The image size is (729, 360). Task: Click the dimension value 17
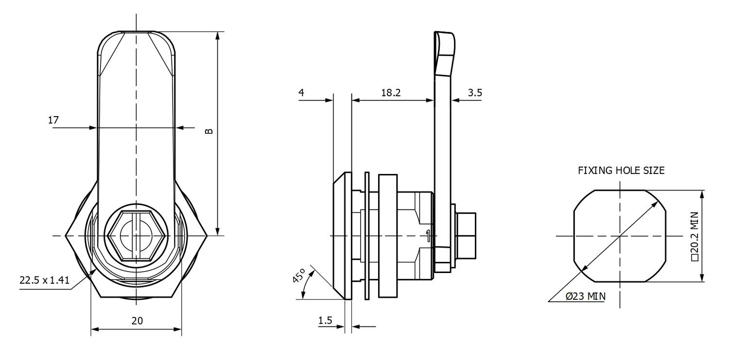pyautogui.click(x=53, y=120)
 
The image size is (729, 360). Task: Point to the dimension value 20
pyautogui.click(x=137, y=321)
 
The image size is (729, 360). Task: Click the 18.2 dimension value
pyautogui.click(x=391, y=93)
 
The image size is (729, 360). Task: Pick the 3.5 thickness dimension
pyautogui.click(x=474, y=93)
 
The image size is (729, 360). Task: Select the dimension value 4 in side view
pyautogui.click(x=302, y=93)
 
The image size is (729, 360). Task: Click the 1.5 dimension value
pyautogui.click(x=325, y=321)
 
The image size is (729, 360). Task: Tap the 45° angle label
pyautogui.click(x=298, y=277)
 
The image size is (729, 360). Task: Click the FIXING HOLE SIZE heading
pyautogui.click(x=621, y=171)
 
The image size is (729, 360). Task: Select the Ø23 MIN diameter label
pyautogui.click(x=585, y=296)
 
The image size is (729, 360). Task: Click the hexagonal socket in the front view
pyautogui.click(x=137, y=236)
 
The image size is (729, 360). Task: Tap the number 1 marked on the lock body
pyautogui.click(x=427, y=236)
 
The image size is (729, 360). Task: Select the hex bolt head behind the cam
pyautogui.click(x=466, y=236)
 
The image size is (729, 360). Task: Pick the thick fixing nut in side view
pyautogui.click(x=387, y=236)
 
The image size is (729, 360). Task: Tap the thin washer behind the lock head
pyautogui.click(x=367, y=236)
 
